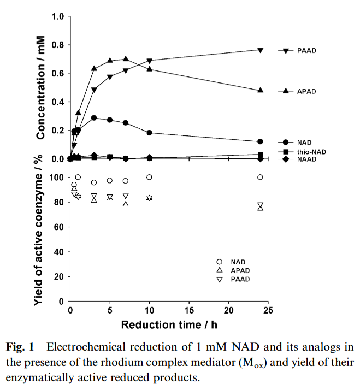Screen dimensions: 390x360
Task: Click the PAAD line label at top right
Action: click(x=307, y=50)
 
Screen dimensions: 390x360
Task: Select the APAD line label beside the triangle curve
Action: click(x=307, y=91)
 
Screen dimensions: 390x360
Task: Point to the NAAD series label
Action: click(x=308, y=159)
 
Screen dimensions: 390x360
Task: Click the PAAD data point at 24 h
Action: click(x=261, y=50)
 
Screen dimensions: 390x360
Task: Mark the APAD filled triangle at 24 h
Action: click(x=261, y=90)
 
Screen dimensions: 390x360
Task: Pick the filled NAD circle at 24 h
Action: click(x=261, y=142)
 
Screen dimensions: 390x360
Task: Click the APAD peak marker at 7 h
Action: click(x=126, y=59)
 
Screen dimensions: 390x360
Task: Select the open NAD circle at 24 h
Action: click(x=261, y=177)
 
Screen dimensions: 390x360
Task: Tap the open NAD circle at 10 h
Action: click(x=149, y=177)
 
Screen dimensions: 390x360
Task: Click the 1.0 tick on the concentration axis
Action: click(x=58, y=16)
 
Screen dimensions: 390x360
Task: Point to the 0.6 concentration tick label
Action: click(x=58, y=73)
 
